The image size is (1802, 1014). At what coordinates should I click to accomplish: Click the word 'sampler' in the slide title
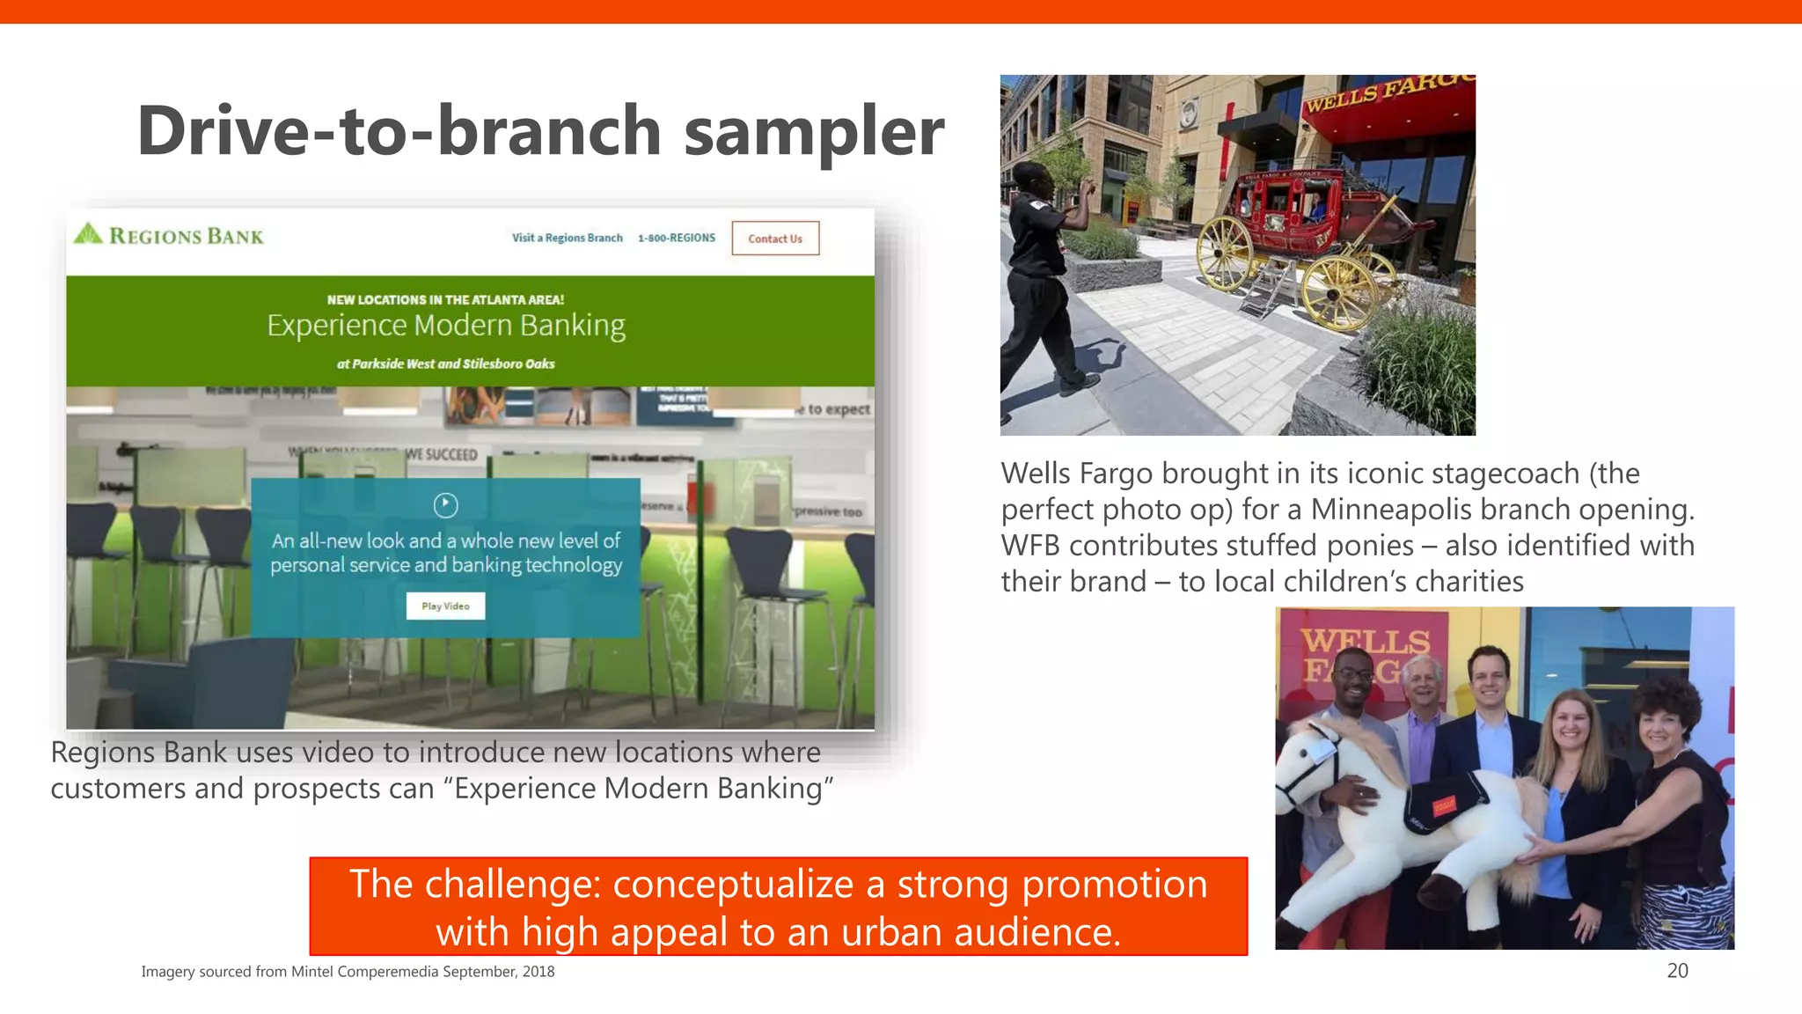click(813, 132)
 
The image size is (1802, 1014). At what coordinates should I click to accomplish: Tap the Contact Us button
click(775, 239)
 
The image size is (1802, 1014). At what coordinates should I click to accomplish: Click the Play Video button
click(445, 606)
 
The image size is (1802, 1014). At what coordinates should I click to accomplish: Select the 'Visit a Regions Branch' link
click(567, 238)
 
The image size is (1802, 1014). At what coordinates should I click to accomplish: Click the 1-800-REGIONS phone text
click(677, 238)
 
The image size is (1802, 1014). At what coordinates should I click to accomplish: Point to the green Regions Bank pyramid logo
click(88, 234)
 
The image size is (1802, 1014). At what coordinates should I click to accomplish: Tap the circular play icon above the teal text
click(446, 504)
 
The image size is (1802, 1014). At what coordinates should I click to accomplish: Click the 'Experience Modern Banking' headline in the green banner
click(446, 326)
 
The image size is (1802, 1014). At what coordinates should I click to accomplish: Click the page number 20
click(1677, 971)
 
